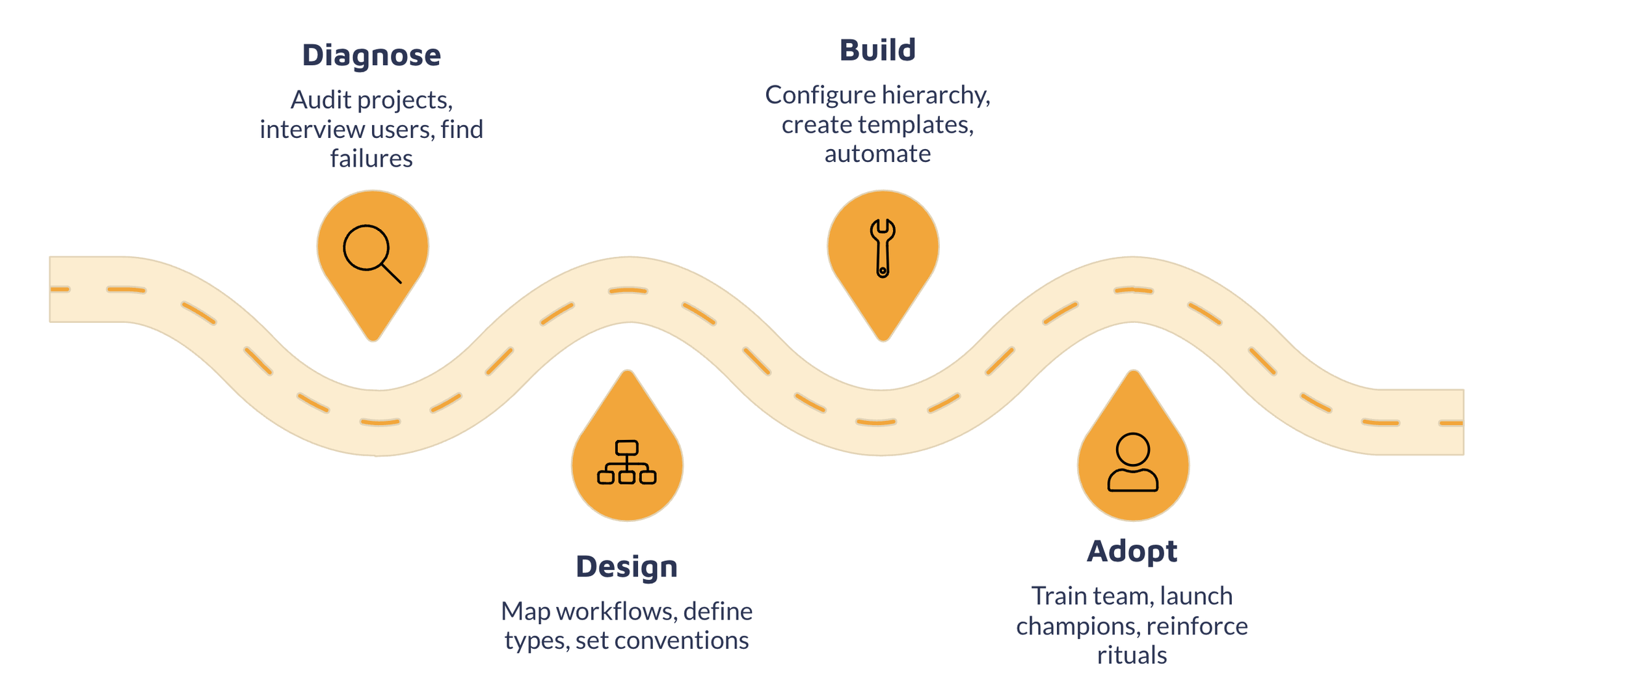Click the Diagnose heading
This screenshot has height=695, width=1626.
click(x=371, y=55)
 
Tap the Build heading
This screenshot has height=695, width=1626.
click(x=877, y=50)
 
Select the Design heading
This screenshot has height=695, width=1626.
click(x=626, y=567)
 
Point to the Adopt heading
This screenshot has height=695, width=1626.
click(x=1132, y=551)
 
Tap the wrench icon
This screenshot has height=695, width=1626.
click(x=883, y=249)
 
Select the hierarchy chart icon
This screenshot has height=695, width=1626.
click(x=626, y=463)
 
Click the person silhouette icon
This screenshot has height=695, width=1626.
click(x=1133, y=462)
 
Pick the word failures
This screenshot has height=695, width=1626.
click(x=371, y=159)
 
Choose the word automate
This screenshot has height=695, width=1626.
click(x=877, y=154)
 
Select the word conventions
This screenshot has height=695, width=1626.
click(x=681, y=641)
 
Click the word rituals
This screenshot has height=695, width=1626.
click(x=1132, y=655)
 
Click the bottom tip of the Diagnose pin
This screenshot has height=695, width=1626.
click(x=373, y=338)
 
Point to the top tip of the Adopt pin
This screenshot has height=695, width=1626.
click(x=1134, y=373)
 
